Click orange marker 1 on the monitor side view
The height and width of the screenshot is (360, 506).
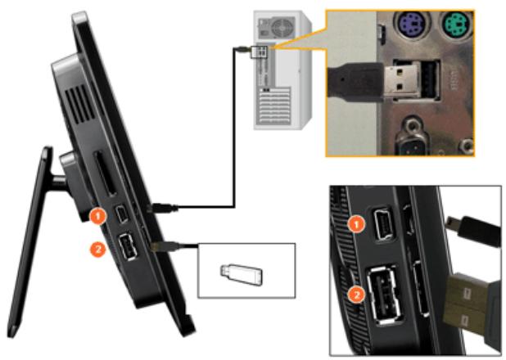pyautogui.click(x=97, y=216)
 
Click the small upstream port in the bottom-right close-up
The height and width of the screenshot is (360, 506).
pyautogui.click(x=384, y=225)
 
